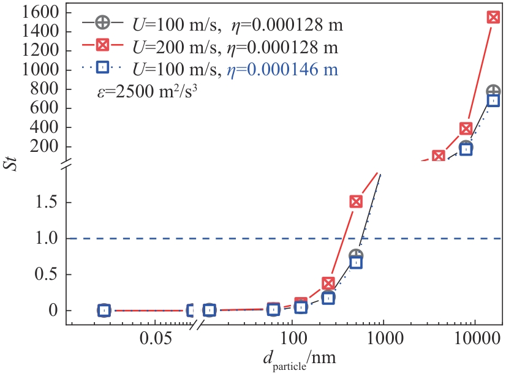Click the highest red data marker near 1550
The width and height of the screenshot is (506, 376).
point(493,17)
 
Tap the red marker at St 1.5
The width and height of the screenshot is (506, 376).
point(356,201)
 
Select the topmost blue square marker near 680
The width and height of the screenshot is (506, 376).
point(493,100)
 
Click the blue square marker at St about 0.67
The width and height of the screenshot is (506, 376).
point(356,262)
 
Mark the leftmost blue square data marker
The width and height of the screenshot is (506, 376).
point(104,310)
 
